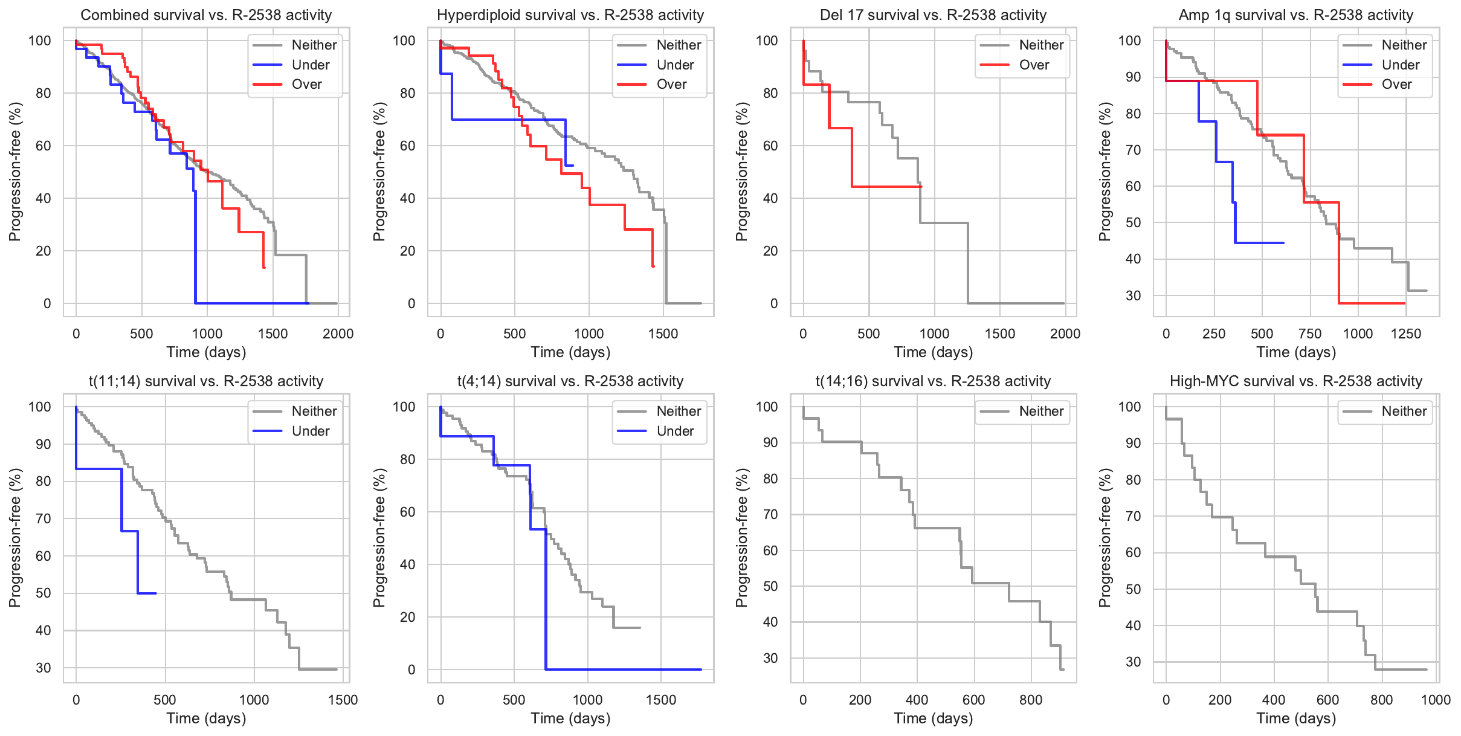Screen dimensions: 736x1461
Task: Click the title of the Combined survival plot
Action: tap(206, 15)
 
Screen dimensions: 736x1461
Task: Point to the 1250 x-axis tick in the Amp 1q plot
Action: tap(1406, 334)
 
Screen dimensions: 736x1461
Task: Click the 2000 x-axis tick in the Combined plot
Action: tap(338, 334)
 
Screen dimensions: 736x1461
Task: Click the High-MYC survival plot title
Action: tap(1295, 381)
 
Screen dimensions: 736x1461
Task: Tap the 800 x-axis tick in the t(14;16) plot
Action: tap(1031, 700)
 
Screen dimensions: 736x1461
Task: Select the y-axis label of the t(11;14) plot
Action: tap(15, 538)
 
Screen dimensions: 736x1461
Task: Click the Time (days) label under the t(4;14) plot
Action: tap(570, 718)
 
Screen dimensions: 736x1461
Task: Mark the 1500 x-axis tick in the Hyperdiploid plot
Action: tap(663, 334)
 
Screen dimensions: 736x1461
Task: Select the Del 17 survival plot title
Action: tap(933, 15)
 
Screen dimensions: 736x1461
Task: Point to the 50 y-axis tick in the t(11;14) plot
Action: tap(44, 593)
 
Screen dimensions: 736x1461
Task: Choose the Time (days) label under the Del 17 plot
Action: tap(933, 352)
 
